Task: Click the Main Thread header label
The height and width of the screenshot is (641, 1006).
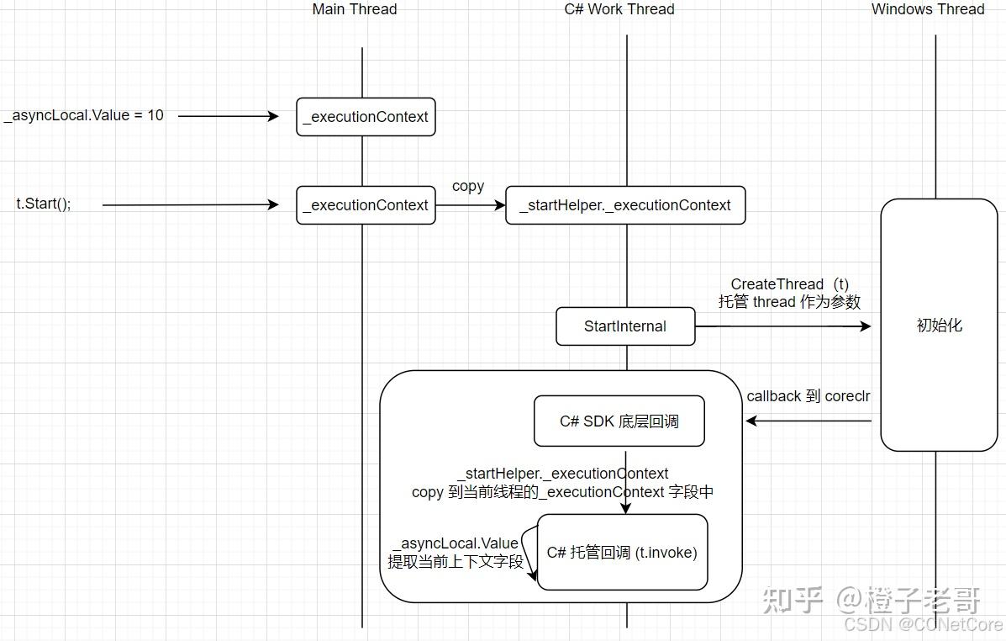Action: tap(354, 9)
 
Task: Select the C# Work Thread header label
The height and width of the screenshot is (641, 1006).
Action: tap(619, 9)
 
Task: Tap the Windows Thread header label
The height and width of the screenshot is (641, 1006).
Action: tap(927, 9)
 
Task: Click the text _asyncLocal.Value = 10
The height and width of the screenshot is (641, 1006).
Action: tap(84, 115)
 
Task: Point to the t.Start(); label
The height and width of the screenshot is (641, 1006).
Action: tap(44, 204)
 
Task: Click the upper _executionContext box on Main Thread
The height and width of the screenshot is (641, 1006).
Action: tap(366, 117)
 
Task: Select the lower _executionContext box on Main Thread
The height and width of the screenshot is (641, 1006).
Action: tap(366, 205)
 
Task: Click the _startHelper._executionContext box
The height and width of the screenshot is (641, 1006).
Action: tap(625, 205)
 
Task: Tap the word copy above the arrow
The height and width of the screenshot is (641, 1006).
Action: tap(468, 186)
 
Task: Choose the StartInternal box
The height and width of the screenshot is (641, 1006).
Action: tap(625, 326)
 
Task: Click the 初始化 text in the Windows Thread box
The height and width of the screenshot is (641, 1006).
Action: tap(939, 326)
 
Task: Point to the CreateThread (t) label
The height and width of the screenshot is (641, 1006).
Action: tap(789, 284)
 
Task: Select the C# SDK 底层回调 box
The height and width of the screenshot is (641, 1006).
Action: tap(619, 421)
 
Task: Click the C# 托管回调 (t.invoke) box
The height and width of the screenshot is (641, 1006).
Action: tap(622, 553)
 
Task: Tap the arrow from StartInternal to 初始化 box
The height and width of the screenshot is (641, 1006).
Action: tap(782, 326)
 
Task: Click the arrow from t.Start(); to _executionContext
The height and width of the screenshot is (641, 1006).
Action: tap(189, 204)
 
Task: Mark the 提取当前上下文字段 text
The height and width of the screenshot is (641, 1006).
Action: tap(455, 562)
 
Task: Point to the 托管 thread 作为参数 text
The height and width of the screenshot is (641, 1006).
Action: tap(789, 302)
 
